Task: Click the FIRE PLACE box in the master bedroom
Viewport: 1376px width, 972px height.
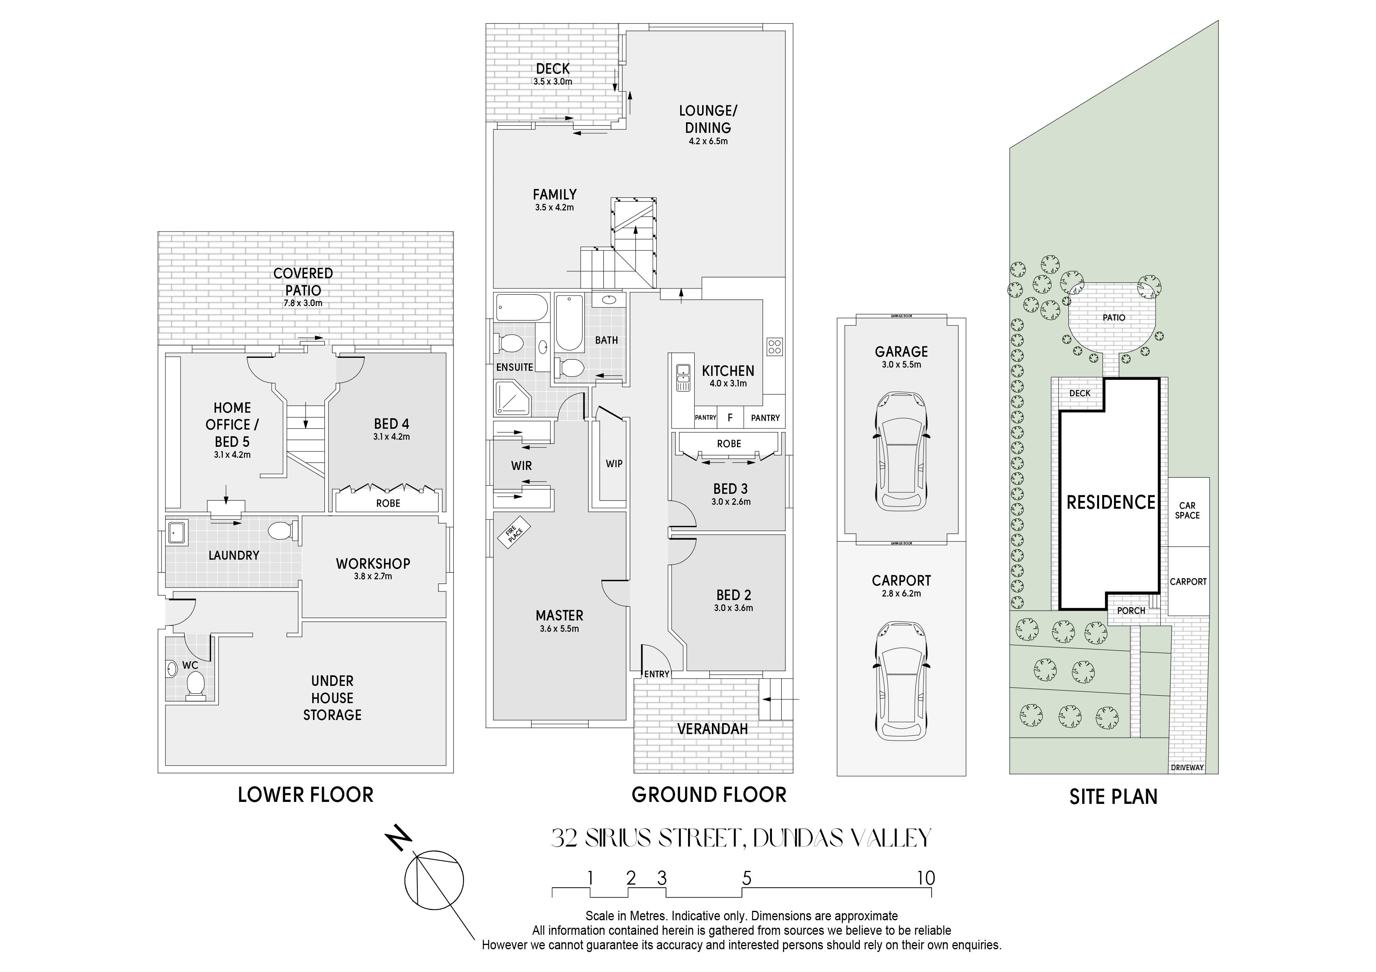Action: click(513, 532)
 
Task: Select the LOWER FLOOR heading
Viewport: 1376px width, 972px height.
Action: click(306, 795)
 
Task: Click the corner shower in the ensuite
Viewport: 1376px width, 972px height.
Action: click(512, 398)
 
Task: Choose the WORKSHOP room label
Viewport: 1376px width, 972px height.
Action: click(373, 564)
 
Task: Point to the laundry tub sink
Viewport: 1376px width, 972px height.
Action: click(177, 531)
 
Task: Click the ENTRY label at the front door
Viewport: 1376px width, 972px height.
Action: click(656, 674)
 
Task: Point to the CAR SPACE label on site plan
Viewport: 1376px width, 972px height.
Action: click(1187, 510)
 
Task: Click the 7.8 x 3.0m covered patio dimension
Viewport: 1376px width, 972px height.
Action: click(303, 303)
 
